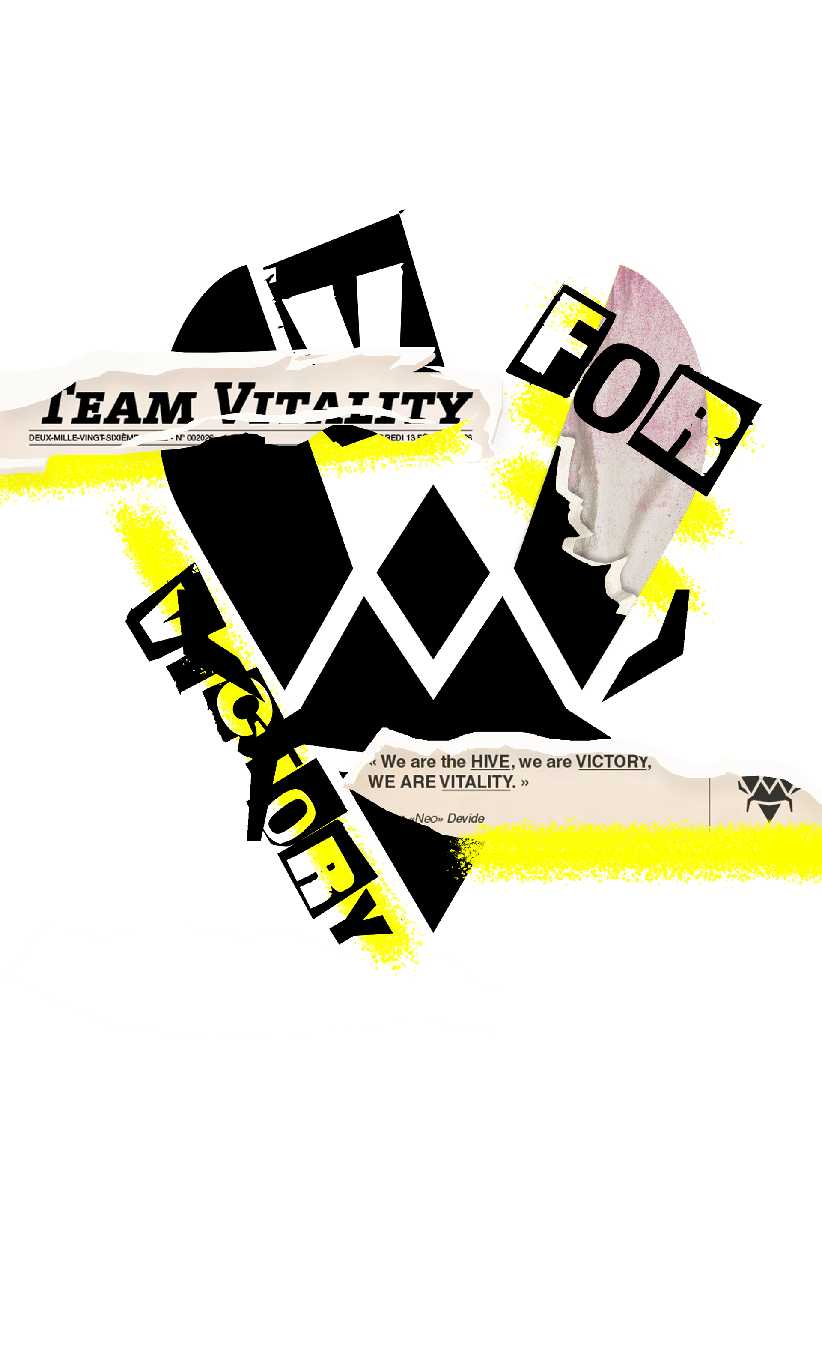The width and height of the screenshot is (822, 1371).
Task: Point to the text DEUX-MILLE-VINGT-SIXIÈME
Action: click(x=83, y=438)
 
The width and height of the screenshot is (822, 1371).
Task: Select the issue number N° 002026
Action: click(x=194, y=438)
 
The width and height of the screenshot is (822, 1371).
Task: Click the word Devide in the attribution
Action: click(x=466, y=818)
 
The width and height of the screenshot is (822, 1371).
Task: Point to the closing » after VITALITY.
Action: click(x=524, y=782)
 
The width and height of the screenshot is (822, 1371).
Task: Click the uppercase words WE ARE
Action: click(x=402, y=782)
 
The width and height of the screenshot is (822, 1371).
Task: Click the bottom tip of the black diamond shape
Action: click(x=583, y=689)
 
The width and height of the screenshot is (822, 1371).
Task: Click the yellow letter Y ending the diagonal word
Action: click(x=374, y=923)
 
